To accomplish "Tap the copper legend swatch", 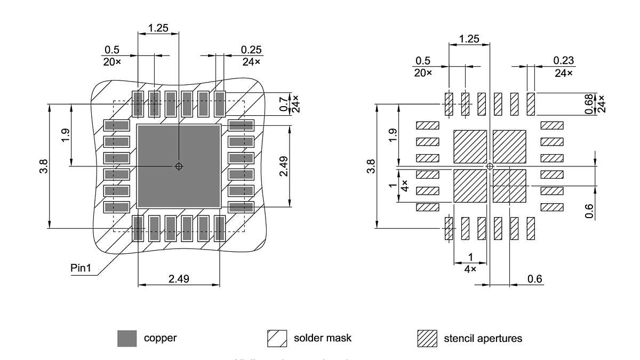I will coord(127,339).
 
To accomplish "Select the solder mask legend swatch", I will coord(277,339).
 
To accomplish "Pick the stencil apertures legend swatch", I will coord(427,339).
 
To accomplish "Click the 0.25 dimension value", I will coord(251,50).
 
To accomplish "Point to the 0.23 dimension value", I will coord(563,61).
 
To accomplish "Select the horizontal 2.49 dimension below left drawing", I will coord(178,279).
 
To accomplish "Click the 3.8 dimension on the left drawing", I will coord(45,166).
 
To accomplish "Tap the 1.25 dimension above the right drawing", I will coord(469,38).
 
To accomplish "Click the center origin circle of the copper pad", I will coord(179,166).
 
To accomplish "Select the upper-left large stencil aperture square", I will coord(470,146).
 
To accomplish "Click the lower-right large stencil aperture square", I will coord(509,186).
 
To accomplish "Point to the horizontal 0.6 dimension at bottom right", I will coord(534,279).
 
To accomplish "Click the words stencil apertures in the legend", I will coord(483,339).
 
